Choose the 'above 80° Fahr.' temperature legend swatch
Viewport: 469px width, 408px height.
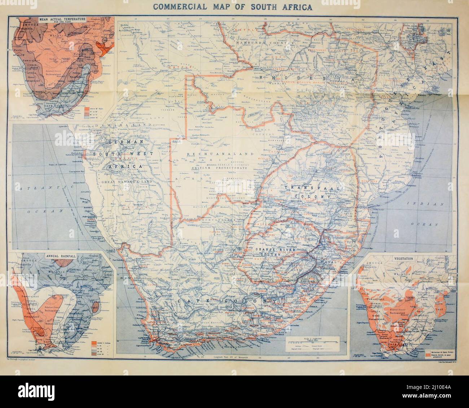point(87,108)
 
